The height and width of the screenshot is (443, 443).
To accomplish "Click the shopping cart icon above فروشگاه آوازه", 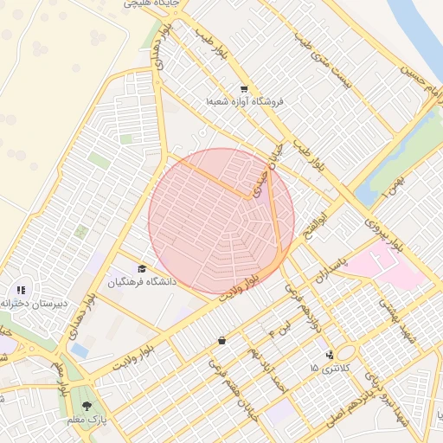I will pyautogui.click(x=244, y=88).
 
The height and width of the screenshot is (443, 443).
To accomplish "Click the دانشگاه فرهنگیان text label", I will pyautogui.click(x=142, y=283).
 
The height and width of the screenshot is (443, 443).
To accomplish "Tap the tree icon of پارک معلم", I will pyautogui.click(x=86, y=406).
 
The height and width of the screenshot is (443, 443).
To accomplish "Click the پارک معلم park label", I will pyautogui.click(x=87, y=420).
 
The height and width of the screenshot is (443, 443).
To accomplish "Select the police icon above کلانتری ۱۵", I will pyautogui.click(x=329, y=355).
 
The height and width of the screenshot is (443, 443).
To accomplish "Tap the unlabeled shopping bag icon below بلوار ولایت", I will pyautogui.click(x=222, y=340).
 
